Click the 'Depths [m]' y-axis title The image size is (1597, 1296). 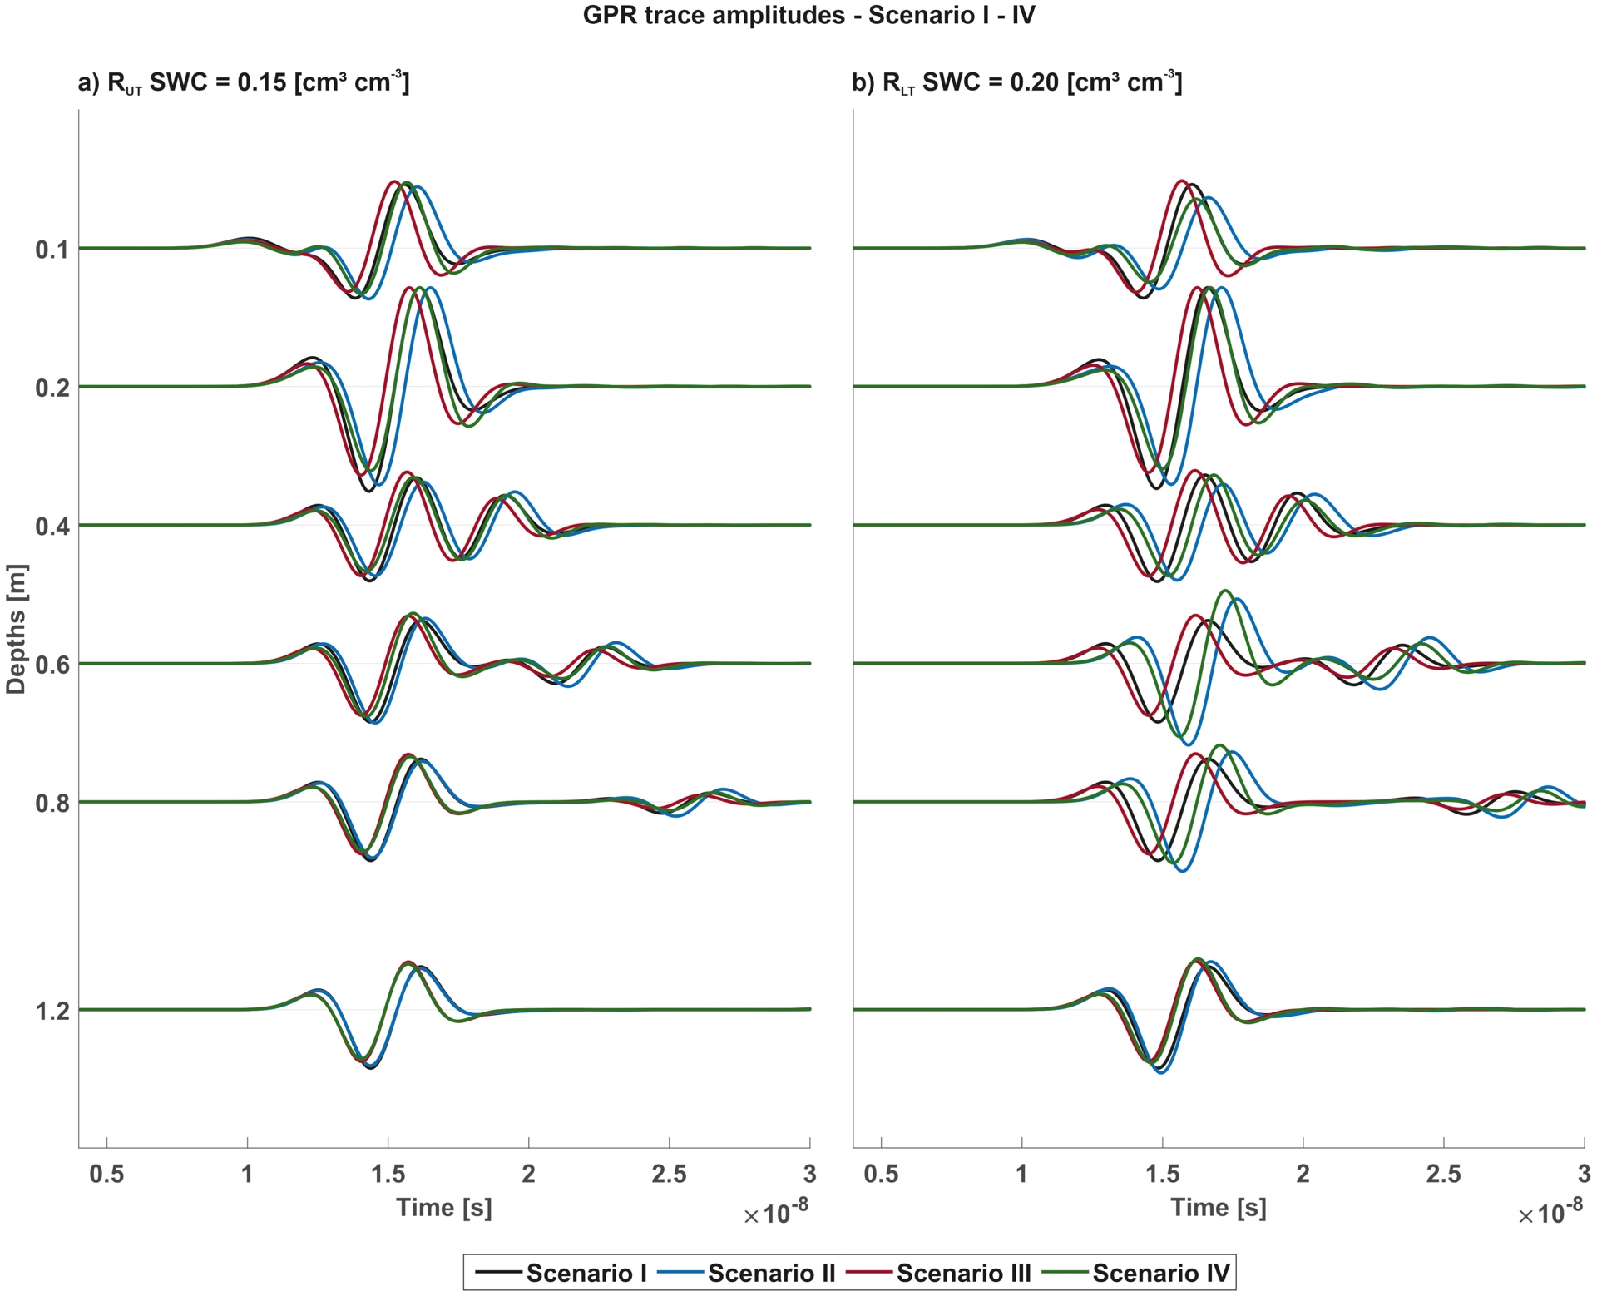[x=17, y=629]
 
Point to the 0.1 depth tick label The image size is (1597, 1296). [x=52, y=249]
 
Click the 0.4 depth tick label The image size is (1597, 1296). [x=52, y=526]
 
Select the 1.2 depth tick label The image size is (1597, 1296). [x=52, y=1011]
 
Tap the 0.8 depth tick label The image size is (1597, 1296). [x=52, y=803]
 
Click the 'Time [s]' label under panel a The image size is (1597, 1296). [x=444, y=1208]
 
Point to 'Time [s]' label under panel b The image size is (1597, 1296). [x=1219, y=1208]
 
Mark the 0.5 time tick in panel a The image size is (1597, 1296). [x=107, y=1174]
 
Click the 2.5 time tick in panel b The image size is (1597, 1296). [x=1443, y=1174]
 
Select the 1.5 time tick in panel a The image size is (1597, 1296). [x=388, y=1174]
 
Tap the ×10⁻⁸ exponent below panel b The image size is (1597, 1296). [x=1550, y=1214]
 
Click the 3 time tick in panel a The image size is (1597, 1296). [x=809, y=1174]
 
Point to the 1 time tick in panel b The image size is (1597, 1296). [x=1022, y=1174]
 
